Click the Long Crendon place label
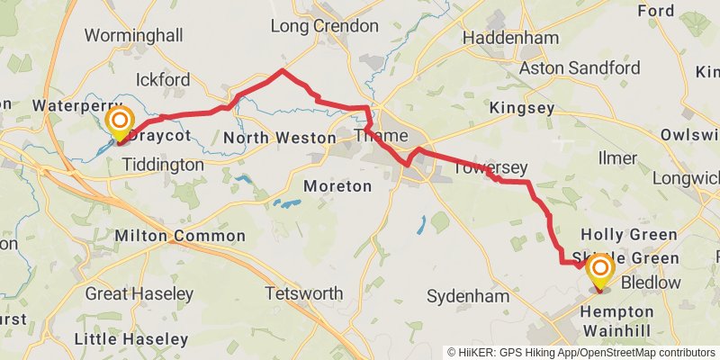(x=325, y=26)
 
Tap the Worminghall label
(x=133, y=36)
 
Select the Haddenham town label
(x=510, y=39)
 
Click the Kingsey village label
(x=517, y=108)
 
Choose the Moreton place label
(x=337, y=186)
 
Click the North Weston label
(x=278, y=138)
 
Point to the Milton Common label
(x=180, y=236)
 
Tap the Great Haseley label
(x=139, y=294)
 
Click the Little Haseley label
(x=131, y=339)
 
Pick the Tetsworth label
(x=304, y=294)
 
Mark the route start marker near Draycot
(x=120, y=123)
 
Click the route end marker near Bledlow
(x=599, y=272)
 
